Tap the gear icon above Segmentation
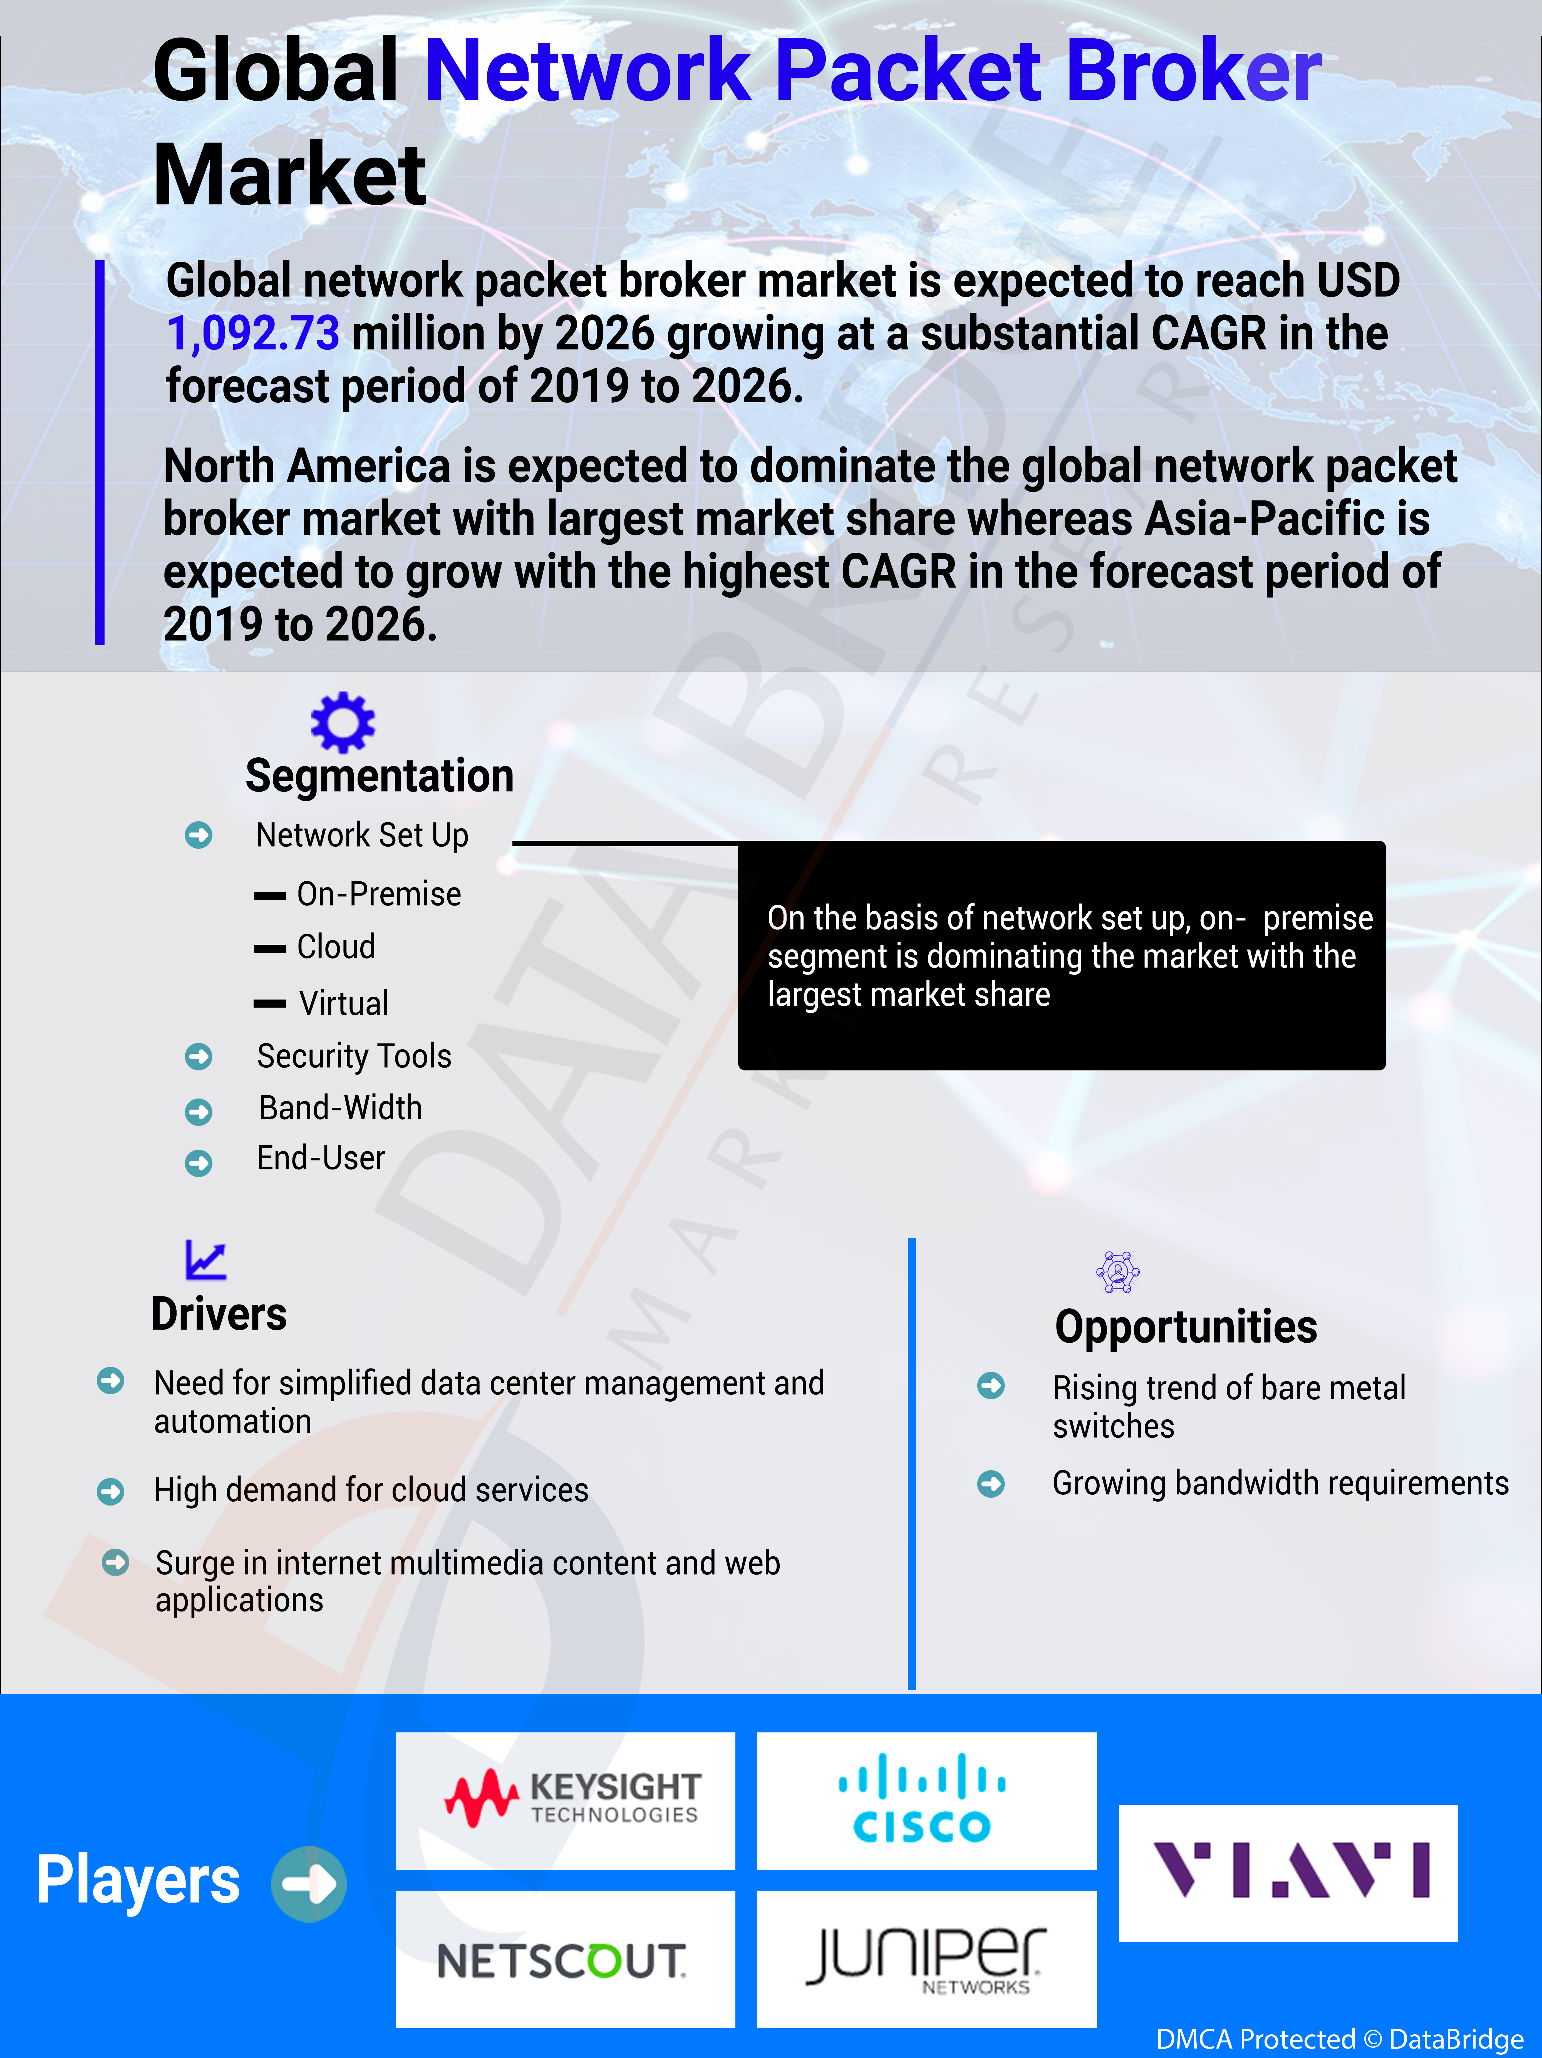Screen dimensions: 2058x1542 (343, 722)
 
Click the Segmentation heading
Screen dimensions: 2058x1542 (380, 776)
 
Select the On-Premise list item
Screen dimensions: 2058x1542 (378, 894)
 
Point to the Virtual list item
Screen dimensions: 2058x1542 (343, 1003)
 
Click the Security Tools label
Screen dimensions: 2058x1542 (354, 1056)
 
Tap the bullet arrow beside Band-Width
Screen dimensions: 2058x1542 (198, 1111)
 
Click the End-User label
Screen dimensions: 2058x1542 (321, 1158)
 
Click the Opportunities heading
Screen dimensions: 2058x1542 (1186, 1327)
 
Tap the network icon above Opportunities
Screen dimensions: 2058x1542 (1118, 1272)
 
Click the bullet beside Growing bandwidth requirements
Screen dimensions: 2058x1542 (991, 1483)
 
